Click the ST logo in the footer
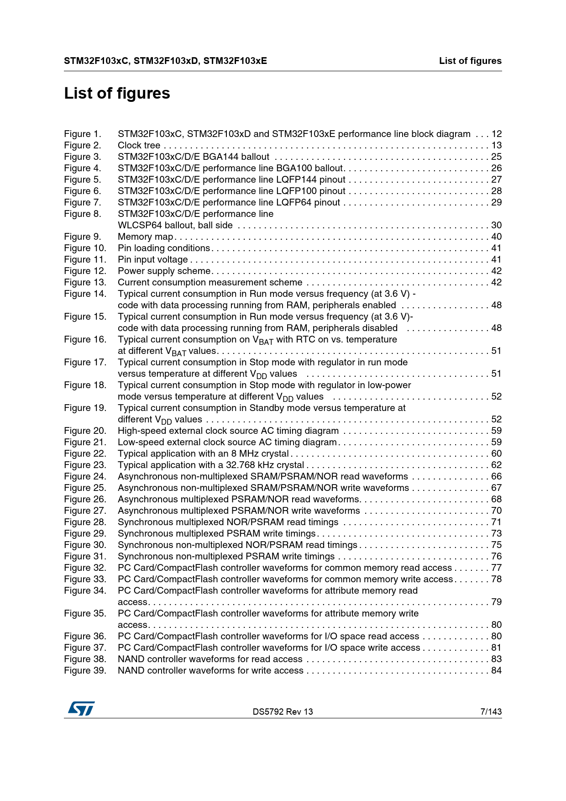coord(81,709)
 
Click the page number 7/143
coord(491,711)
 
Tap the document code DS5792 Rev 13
coord(283,711)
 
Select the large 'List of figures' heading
coord(117,93)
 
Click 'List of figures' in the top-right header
coord(470,61)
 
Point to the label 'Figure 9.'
coord(82,237)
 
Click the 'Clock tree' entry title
coord(139,145)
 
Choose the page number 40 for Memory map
coord(496,237)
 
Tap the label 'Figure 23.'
coord(85,465)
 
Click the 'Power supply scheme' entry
coord(163,271)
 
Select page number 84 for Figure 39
coord(496,670)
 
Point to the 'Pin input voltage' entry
coord(152,259)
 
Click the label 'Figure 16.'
coord(85,339)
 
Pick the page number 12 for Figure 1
coord(496,134)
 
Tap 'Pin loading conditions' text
coord(163,248)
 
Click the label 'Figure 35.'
coord(85,613)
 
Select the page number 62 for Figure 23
coord(496,465)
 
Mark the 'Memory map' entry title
coord(145,237)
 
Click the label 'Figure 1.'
coord(82,134)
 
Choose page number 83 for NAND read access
coord(496,659)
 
